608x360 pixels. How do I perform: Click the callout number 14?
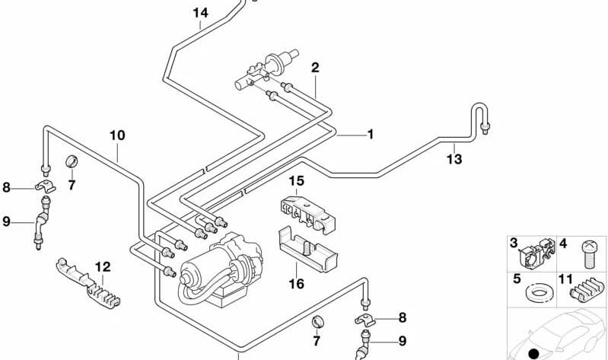pos(200,13)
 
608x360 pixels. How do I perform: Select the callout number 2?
pos(315,68)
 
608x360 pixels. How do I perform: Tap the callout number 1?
pos(371,134)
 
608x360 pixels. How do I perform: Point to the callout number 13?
pos(454,159)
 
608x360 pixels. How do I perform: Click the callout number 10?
pos(117,135)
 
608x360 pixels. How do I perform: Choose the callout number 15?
pos(297,181)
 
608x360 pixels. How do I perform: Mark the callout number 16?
pos(297,284)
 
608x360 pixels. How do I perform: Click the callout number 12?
pos(103,267)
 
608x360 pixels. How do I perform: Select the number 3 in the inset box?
pos(514,244)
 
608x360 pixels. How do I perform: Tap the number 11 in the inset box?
pos(565,279)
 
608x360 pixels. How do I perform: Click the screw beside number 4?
pos(590,254)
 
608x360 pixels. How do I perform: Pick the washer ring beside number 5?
pos(539,292)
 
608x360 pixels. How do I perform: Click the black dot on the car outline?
pos(534,353)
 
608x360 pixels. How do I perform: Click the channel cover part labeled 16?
pos(308,250)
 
